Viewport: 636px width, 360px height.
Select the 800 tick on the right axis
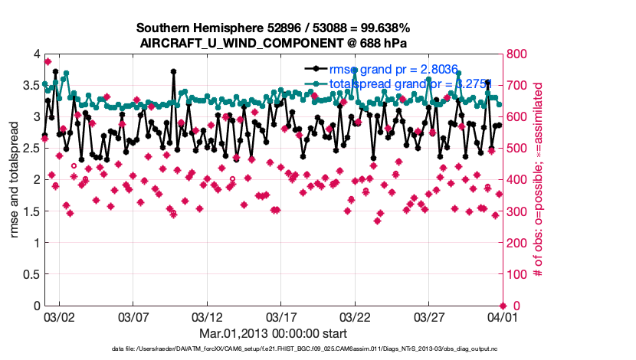tap(517, 54)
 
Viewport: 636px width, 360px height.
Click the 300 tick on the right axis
tap(517, 211)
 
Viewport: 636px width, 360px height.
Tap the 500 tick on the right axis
tap(517, 149)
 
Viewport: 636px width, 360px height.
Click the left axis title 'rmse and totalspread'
tap(15, 179)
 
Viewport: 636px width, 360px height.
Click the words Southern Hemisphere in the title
tap(192, 28)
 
